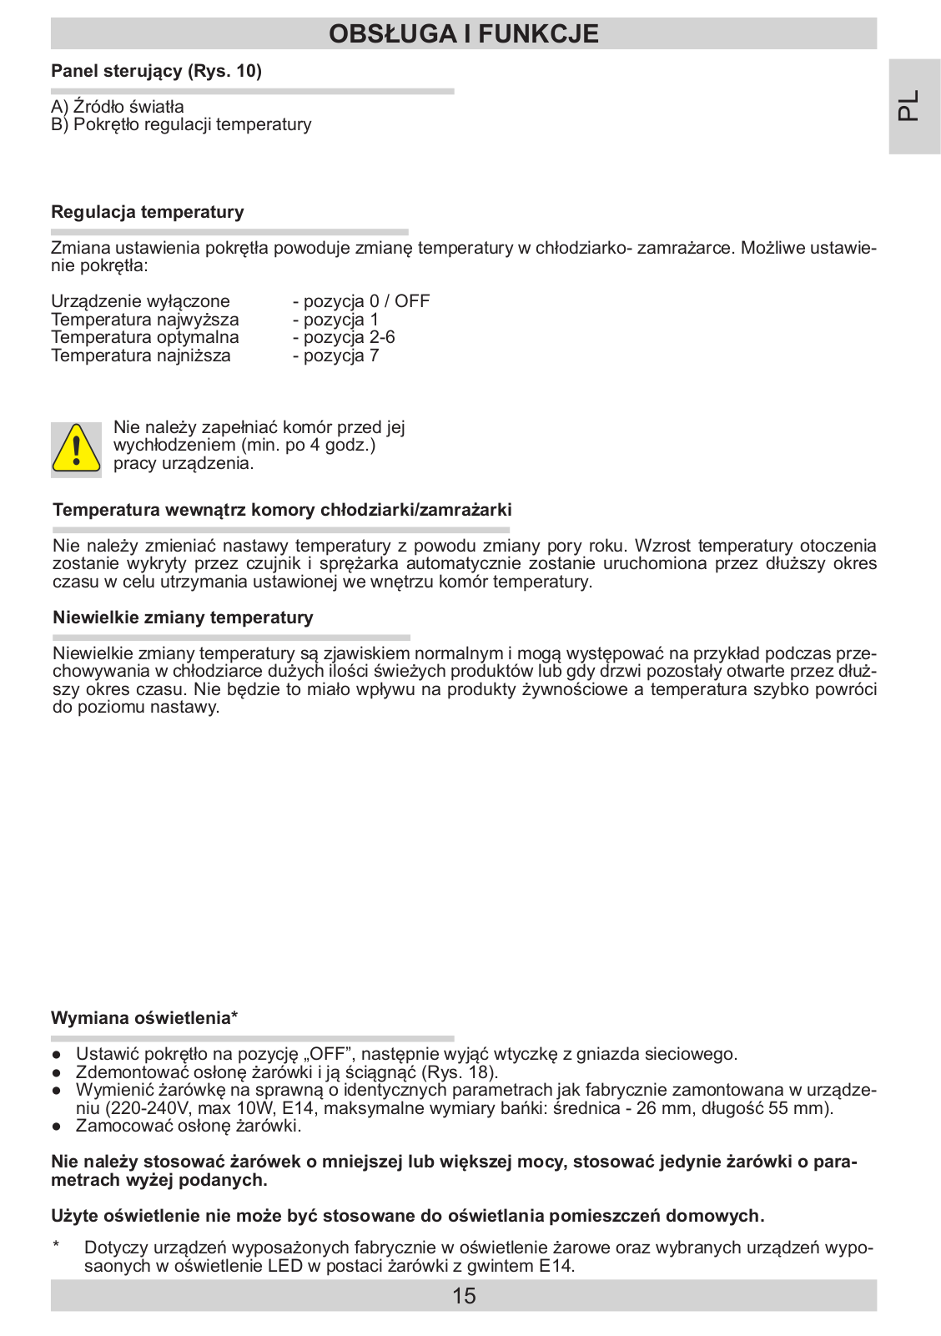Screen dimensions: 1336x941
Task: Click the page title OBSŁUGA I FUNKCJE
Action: click(x=464, y=33)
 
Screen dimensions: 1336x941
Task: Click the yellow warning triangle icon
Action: click(x=76, y=449)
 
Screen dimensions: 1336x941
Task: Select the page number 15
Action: click(x=464, y=1296)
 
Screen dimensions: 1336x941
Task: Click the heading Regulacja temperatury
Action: click(x=148, y=212)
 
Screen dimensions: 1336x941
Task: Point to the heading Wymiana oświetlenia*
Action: click(x=144, y=1018)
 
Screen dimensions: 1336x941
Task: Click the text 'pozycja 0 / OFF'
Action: click(x=365, y=301)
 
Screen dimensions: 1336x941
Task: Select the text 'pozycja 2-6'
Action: click(x=348, y=337)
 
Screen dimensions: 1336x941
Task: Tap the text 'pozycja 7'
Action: click(x=340, y=355)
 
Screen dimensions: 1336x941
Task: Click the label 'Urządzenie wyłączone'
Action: click(x=140, y=301)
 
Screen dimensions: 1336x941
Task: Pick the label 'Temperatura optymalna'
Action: click(x=145, y=337)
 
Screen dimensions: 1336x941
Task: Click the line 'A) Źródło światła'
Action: click(x=118, y=107)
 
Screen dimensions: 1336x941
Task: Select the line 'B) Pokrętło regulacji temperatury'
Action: click(x=181, y=124)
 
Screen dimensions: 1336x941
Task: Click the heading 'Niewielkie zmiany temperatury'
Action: click(x=183, y=618)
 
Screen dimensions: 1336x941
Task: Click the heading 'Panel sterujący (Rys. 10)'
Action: click(x=156, y=71)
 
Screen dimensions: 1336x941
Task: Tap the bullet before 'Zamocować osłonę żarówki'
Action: click(x=56, y=1127)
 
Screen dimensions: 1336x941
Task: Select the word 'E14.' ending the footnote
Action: click(x=556, y=1266)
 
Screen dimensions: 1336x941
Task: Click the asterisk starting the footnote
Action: click(x=56, y=1246)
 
